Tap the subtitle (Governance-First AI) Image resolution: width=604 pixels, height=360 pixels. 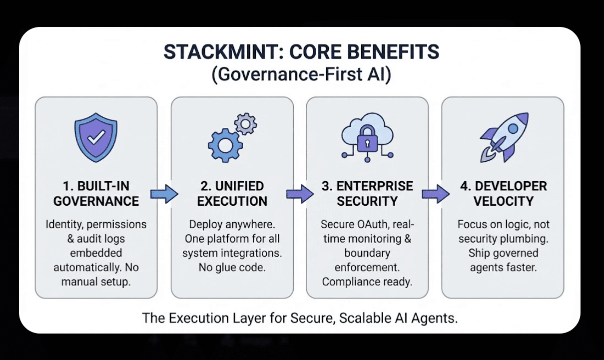point(301,74)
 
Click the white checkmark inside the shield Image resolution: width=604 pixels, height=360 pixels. point(96,137)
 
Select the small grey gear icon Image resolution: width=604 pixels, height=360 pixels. point(245,124)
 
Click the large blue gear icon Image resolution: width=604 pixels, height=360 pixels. point(225,145)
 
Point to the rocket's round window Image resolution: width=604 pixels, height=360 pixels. point(513,128)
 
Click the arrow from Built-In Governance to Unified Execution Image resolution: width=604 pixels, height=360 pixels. point(164,194)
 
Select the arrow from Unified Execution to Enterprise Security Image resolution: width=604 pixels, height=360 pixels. point(300,194)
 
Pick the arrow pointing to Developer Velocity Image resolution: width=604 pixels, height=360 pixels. point(436,194)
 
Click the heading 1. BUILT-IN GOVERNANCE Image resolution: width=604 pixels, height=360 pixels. point(96,193)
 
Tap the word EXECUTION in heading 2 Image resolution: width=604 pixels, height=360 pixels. point(232,201)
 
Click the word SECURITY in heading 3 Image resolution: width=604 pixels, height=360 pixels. point(367,201)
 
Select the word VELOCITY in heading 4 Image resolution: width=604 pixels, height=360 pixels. point(504,201)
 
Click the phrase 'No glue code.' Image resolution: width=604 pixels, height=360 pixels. point(232,268)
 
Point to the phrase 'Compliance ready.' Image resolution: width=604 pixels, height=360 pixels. point(367,282)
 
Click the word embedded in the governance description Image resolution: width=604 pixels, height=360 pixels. point(96,253)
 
